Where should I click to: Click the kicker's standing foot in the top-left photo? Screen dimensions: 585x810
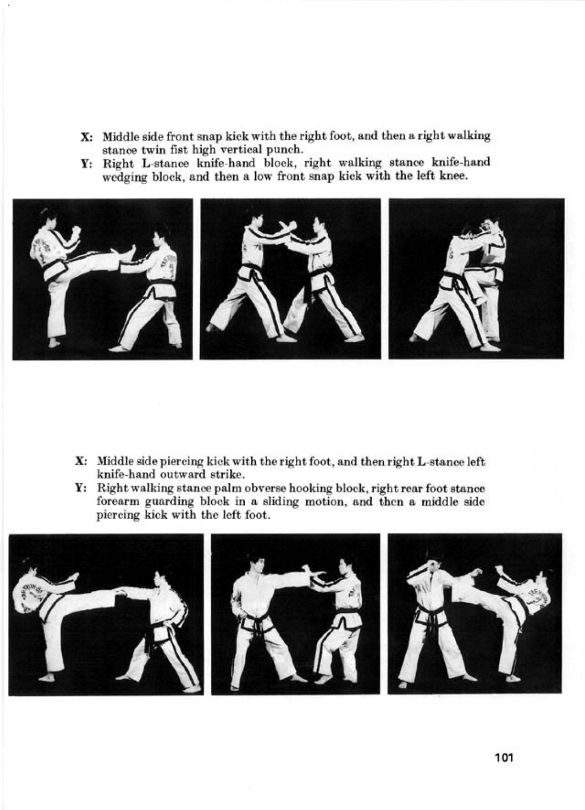(x=54, y=343)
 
